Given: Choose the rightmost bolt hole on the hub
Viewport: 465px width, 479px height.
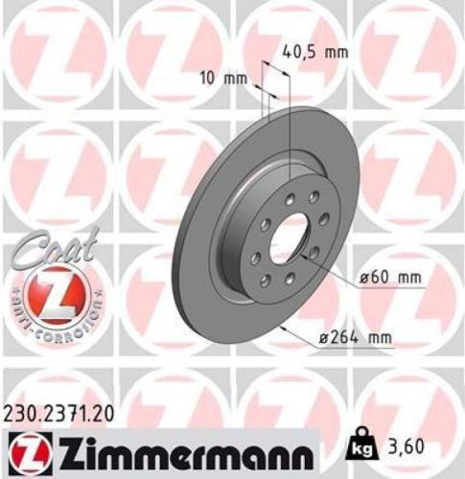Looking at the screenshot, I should [x=314, y=252].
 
